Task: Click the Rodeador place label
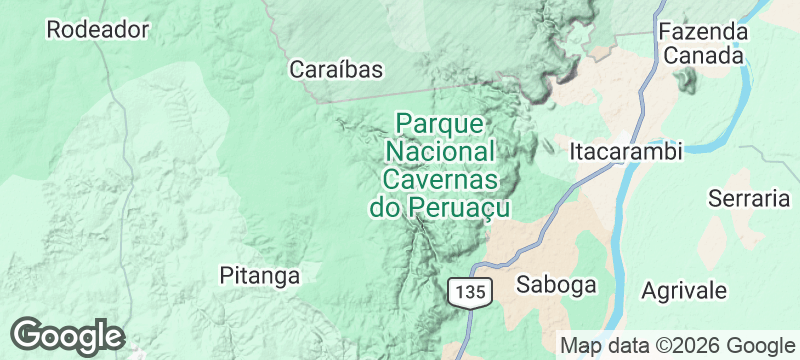97,29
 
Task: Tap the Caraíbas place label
337,69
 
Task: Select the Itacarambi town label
625,152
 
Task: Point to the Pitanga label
259,275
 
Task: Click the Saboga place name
556,284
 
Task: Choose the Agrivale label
684,290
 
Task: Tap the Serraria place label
749,198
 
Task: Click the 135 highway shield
469,292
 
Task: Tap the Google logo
67,335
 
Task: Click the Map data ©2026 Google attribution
675,345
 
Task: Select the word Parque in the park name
440,124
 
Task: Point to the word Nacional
440,152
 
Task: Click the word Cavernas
440,180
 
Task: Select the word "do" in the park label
385,208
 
